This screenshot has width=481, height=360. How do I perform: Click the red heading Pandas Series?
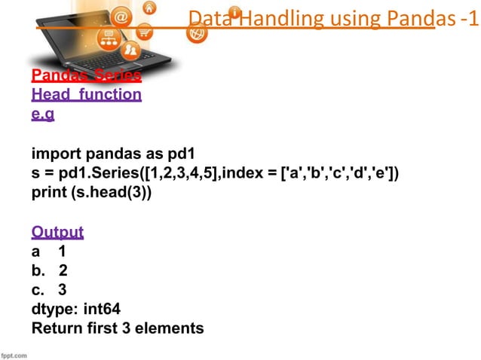point(86,76)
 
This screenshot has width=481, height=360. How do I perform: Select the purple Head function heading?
point(86,95)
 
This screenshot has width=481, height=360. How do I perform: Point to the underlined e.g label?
point(43,114)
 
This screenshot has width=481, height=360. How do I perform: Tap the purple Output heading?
point(57,231)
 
